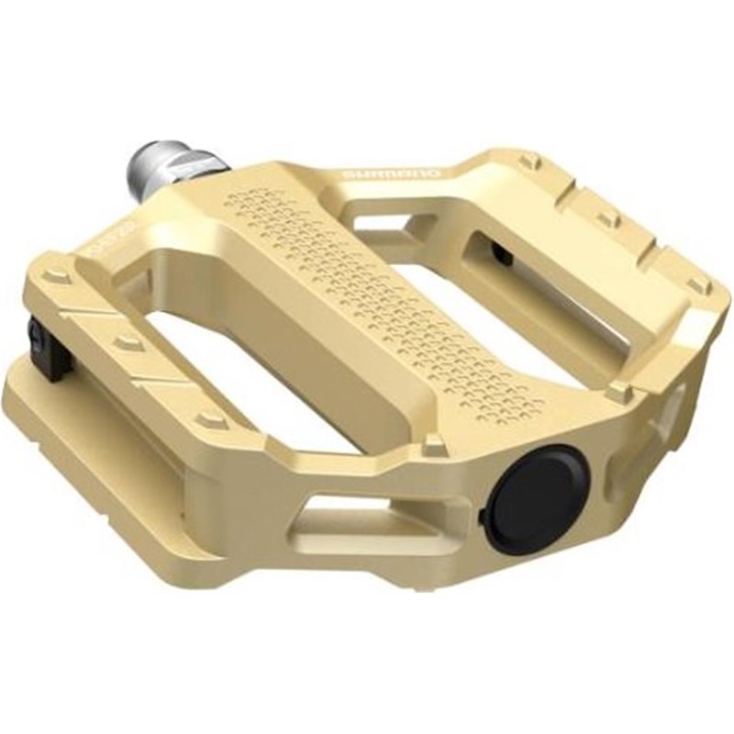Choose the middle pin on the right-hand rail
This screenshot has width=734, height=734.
606,220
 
